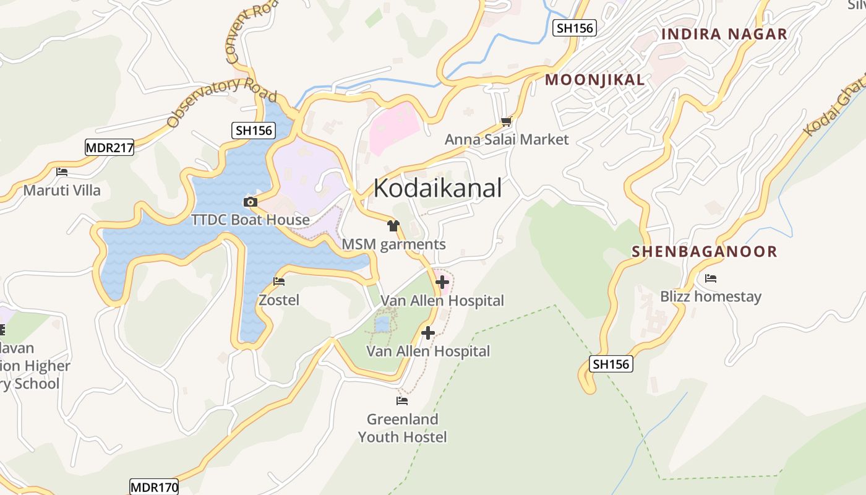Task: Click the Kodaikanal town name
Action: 437,188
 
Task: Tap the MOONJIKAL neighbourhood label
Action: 594,79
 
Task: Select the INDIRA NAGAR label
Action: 724,34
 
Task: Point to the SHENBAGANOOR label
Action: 704,251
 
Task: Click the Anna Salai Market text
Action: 506,139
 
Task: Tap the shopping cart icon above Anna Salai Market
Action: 507,122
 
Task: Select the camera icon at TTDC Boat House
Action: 251,202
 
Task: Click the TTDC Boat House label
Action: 251,220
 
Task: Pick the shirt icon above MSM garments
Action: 393,226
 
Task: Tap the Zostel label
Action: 279,300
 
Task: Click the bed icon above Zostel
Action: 279,282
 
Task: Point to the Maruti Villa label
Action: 62,190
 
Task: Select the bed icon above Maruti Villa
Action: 62,172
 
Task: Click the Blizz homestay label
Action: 711,296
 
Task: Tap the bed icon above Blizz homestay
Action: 711,278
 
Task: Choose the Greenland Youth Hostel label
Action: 402,428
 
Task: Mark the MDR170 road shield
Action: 154,487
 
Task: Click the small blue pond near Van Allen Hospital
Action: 382,324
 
